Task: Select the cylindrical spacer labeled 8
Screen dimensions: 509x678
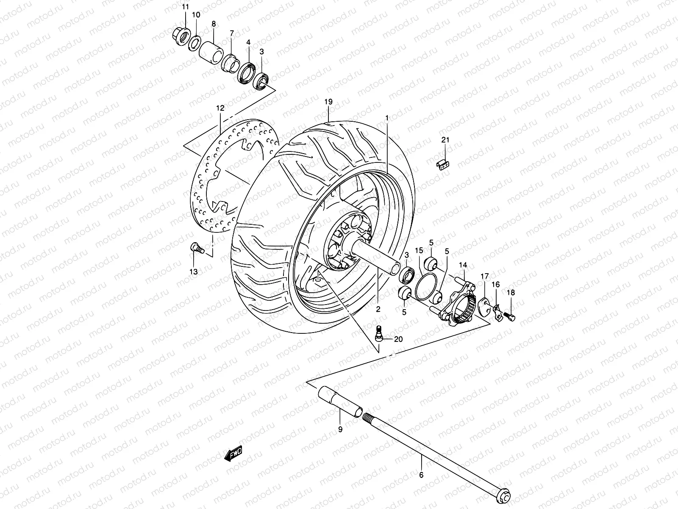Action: coord(213,51)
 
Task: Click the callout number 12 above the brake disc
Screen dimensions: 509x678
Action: coord(220,109)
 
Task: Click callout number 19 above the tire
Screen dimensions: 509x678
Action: coord(328,102)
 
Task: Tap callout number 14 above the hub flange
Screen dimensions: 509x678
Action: coord(462,265)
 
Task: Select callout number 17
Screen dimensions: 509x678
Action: coord(484,277)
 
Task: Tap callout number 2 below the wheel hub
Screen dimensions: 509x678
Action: coord(378,309)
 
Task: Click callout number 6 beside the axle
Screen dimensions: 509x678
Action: coord(421,475)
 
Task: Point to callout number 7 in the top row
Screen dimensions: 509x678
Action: coord(232,34)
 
